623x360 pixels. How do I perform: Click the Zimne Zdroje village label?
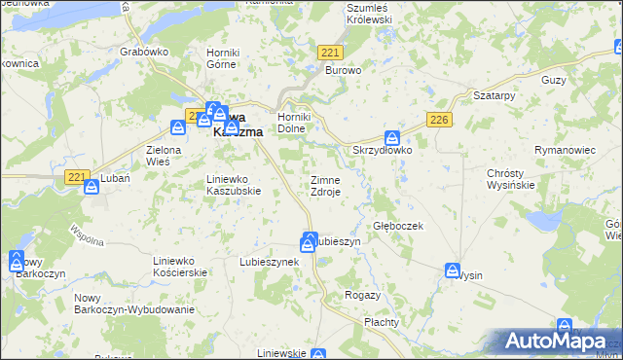click(325, 186)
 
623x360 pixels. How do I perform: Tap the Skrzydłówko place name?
click(383, 151)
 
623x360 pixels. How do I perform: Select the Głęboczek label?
click(398, 225)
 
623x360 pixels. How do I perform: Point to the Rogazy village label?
click(362, 294)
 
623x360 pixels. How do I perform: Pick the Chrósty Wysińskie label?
click(511, 179)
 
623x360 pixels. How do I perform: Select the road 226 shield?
click(439, 119)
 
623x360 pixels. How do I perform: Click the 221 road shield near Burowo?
click(330, 53)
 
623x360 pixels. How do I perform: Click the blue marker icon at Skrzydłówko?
click(392, 139)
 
